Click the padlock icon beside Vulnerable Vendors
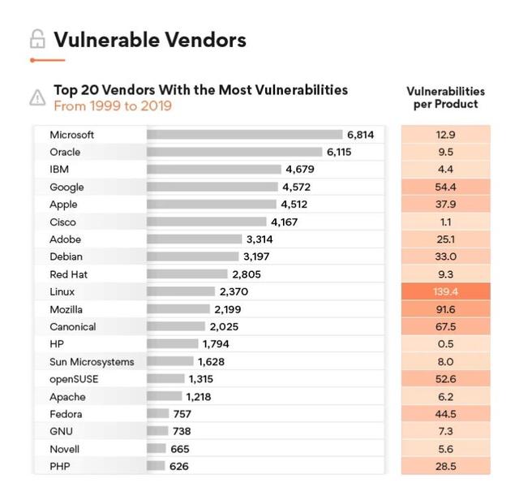tap(36, 39)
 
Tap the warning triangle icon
tap(37, 97)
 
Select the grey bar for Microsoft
tap(244, 135)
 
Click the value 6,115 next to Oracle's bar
tap(339, 152)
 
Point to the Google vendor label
tap(66, 187)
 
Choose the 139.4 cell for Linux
tap(445, 291)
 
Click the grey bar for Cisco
tap(206, 222)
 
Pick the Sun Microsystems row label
tap(92, 361)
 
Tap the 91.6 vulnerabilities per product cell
tap(445, 309)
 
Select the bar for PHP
tap(156, 466)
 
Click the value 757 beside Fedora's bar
tap(182, 414)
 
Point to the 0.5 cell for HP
tap(445, 344)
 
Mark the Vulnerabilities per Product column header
tap(445, 97)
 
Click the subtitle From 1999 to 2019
tap(113, 106)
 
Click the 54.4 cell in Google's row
tap(445, 187)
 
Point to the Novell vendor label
tap(66, 449)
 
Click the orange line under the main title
tap(47, 60)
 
